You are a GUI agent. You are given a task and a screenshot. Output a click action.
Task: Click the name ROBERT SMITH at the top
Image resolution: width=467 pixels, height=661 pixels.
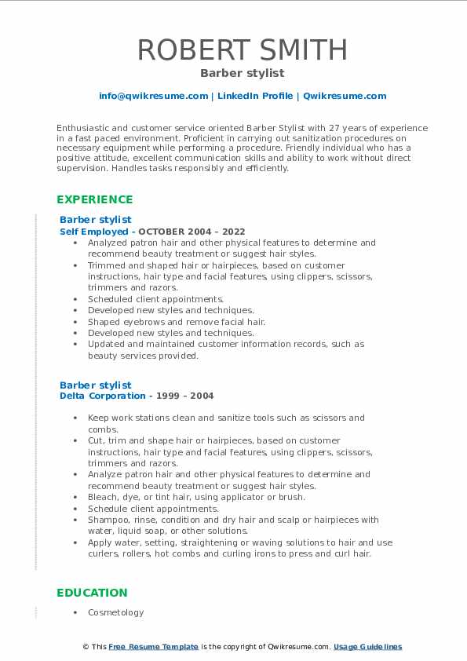click(242, 50)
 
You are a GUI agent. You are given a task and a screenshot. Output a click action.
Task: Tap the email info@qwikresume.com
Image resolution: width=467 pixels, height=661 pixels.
click(153, 96)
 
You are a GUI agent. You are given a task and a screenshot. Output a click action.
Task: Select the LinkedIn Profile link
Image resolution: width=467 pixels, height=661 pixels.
click(254, 96)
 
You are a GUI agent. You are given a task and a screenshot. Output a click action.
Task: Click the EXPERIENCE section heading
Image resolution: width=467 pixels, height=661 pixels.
click(94, 199)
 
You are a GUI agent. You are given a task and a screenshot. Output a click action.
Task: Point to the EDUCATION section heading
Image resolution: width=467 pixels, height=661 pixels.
click(92, 593)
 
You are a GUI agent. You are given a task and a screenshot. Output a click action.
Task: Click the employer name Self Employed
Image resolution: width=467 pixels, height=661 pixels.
click(93, 232)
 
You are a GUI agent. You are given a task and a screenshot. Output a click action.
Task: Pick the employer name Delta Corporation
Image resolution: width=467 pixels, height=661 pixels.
click(103, 396)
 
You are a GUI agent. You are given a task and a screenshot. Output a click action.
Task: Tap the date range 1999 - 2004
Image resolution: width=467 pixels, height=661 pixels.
click(188, 396)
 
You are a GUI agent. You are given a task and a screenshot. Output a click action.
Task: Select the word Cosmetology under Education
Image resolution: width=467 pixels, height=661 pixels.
click(115, 612)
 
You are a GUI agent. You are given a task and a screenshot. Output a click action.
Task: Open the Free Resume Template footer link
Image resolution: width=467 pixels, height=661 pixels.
click(153, 647)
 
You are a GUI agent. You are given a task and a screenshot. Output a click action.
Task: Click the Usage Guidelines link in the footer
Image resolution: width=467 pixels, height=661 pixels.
click(367, 647)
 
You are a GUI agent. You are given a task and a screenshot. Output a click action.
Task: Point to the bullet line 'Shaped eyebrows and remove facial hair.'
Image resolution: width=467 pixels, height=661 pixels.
click(177, 322)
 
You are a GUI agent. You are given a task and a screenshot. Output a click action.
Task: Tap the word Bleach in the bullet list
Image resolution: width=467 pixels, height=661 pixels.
click(103, 497)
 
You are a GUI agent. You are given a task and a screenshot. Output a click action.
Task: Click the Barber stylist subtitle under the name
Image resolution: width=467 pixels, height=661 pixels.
click(242, 73)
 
